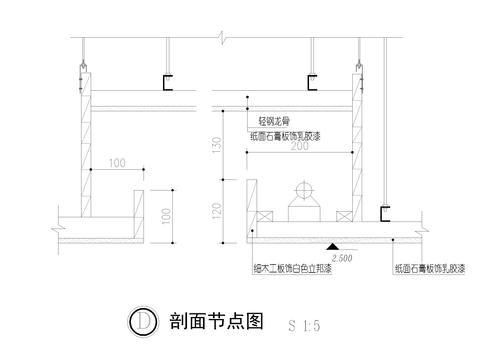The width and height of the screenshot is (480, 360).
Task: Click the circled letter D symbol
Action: pos(145,321)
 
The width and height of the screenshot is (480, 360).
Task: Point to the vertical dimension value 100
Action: pos(166,214)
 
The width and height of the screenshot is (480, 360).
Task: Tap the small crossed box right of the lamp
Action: pos(343,216)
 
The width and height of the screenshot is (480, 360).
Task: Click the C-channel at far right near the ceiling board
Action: pos(384,213)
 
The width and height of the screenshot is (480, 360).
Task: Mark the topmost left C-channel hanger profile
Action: pos(168,82)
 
